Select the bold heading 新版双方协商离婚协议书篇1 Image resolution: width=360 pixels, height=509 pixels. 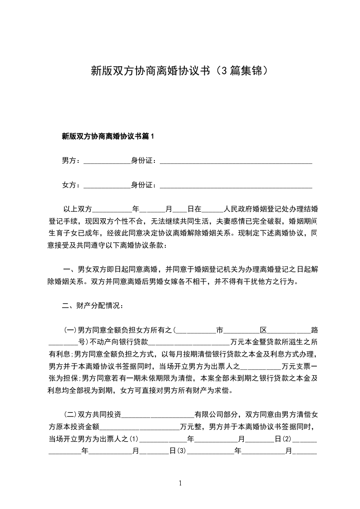(x=108, y=136)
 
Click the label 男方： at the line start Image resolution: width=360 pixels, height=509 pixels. (x=71, y=160)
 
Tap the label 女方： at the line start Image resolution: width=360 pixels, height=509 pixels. (x=71, y=185)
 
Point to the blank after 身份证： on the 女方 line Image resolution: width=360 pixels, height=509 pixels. (x=236, y=186)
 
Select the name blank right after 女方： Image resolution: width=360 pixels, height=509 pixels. (x=107, y=186)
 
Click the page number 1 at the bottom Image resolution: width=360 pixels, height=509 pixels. (x=180, y=484)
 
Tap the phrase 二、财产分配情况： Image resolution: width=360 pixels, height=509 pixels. (x=92, y=306)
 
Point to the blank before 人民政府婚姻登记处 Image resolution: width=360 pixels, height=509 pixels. (x=212, y=210)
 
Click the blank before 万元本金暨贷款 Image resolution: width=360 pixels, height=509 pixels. (x=189, y=343)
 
